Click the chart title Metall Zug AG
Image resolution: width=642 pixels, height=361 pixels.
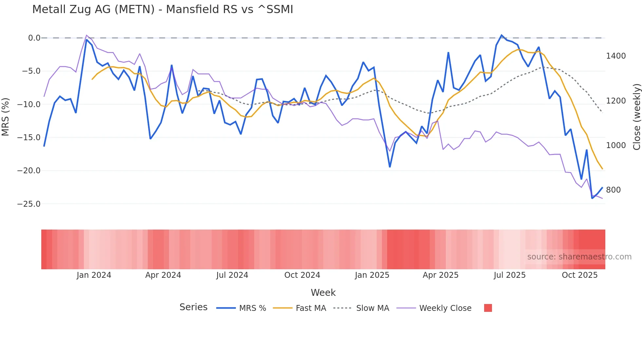point(162,9)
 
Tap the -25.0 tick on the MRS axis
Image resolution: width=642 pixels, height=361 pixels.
point(29,204)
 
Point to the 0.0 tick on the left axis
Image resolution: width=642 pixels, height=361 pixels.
point(34,38)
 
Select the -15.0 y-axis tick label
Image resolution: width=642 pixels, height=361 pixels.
point(29,138)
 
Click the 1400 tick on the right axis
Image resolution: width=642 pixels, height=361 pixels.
point(616,56)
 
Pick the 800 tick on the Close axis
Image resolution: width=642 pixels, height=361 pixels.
point(613,190)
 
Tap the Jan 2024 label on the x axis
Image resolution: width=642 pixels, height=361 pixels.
point(94,275)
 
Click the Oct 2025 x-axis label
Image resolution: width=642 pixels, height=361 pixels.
point(579,275)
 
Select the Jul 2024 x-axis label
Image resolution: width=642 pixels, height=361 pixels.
point(232,275)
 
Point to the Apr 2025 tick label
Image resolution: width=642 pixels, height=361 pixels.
point(440,275)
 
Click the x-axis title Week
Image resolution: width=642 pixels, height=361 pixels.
point(323,293)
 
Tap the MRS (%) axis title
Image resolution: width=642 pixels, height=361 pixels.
point(5,117)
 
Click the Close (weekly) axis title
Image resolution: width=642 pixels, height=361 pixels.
point(636,117)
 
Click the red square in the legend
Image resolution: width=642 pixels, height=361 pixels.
point(488,308)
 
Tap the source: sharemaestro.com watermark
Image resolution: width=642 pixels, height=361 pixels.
point(579,257)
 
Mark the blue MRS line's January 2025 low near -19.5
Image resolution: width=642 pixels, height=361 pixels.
point(390,167)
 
